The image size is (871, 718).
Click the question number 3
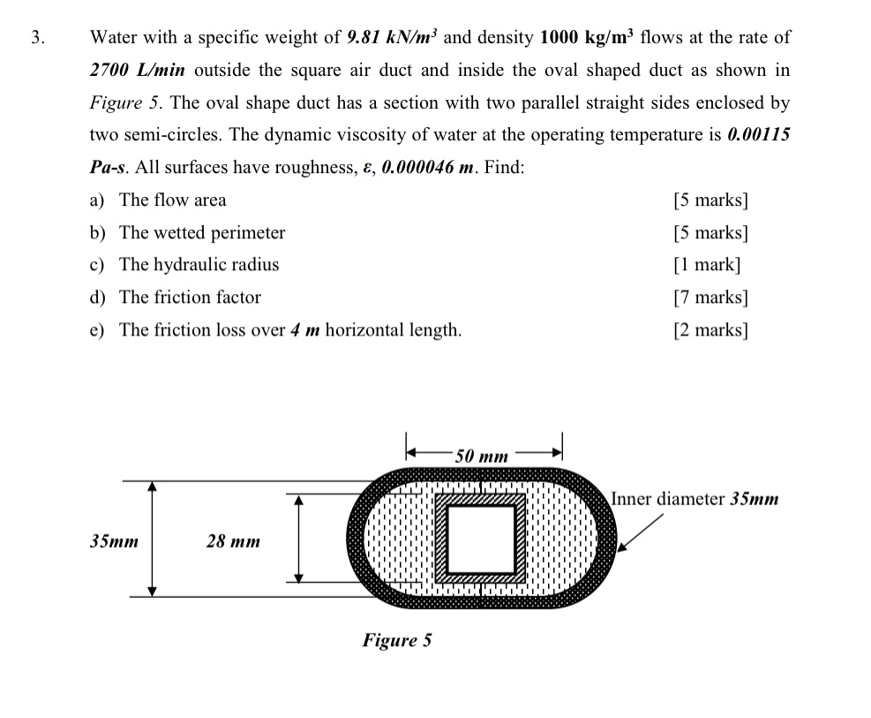pos(35,37)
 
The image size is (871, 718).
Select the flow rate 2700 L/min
pos(137,70)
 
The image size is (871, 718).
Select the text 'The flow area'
pos(172,200)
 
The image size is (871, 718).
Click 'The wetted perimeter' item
pos(202,233)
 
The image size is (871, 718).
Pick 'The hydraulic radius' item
pos(199,265)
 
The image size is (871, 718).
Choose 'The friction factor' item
pos(190,298)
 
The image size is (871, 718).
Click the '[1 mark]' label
pos(706,265)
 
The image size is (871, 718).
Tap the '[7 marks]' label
pos(710,298)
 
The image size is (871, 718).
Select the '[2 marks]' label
pos(710,330)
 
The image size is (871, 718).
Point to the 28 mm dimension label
pos(233,540)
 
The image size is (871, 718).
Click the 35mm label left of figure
pos(114,540)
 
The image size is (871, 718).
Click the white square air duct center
pos(482,539)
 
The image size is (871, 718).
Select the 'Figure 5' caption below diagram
pos(396,640)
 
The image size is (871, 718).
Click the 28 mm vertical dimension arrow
pos(298,538)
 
